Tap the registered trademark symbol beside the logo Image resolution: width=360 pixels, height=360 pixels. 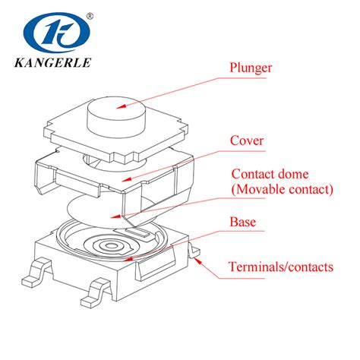point(90,14)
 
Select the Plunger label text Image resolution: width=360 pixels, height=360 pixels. point(251,68)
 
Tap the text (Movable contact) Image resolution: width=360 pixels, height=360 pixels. point(282,189)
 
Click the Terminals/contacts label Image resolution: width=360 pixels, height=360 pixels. point(282,267)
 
